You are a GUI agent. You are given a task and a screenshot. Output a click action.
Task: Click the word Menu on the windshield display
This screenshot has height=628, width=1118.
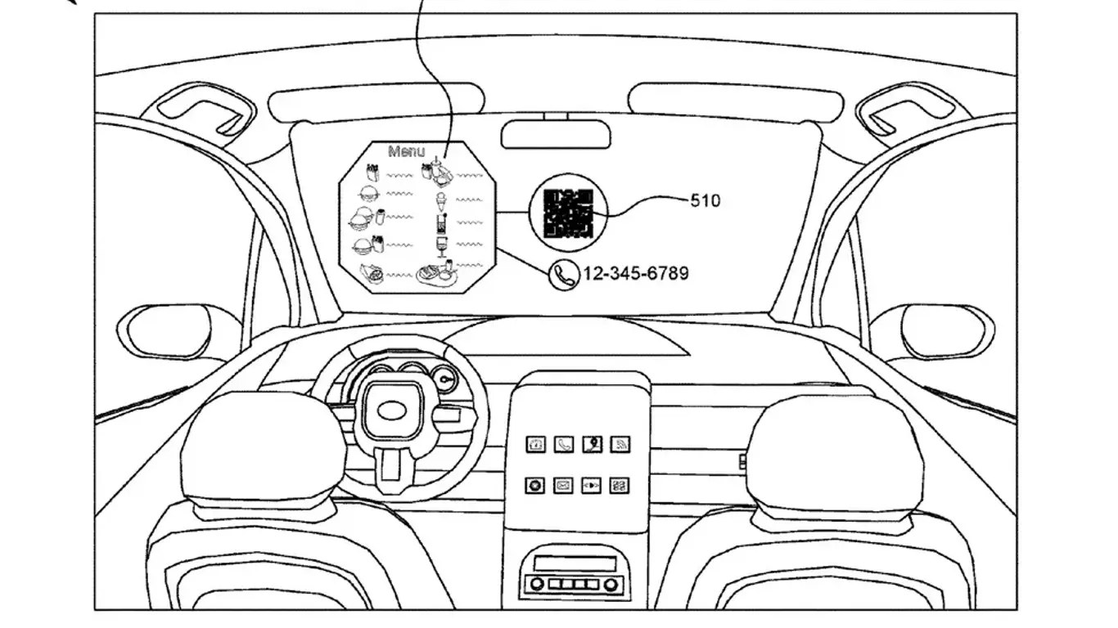click(x=407, y=151)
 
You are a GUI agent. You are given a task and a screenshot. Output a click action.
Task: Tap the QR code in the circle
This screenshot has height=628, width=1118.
click(x=567, y=213)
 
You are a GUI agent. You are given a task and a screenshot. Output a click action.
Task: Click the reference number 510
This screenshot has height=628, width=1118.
click(x=706, y=200)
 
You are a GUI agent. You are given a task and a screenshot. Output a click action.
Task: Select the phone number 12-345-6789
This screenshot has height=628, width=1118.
click(x=635, y=274)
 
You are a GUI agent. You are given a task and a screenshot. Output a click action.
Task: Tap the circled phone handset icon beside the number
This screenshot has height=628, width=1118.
click(x=563, y=275)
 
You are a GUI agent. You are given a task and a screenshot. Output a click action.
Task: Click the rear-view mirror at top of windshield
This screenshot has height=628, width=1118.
click(x=555, y=134)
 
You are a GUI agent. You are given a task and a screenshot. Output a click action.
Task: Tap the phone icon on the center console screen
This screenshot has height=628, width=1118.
click(x=564, y=445)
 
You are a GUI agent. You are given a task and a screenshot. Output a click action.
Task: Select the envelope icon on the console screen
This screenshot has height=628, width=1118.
click(x=564, y=486)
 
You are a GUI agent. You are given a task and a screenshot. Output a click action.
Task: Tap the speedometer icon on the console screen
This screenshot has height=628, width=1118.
click(x=536, y=445)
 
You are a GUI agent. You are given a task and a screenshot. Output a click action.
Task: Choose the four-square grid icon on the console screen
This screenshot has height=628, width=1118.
click(x=620, y=486)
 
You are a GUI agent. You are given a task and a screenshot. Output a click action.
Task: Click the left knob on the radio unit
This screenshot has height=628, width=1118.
click(x=537, y=584)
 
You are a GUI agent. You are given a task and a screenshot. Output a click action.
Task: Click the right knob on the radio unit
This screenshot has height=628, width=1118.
click(x=611, y=584)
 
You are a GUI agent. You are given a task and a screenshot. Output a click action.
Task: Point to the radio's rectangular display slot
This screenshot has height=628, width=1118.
click(x=574, y=563)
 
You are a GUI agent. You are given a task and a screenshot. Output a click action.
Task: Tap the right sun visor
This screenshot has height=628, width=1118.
click(x=734, y=101)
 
